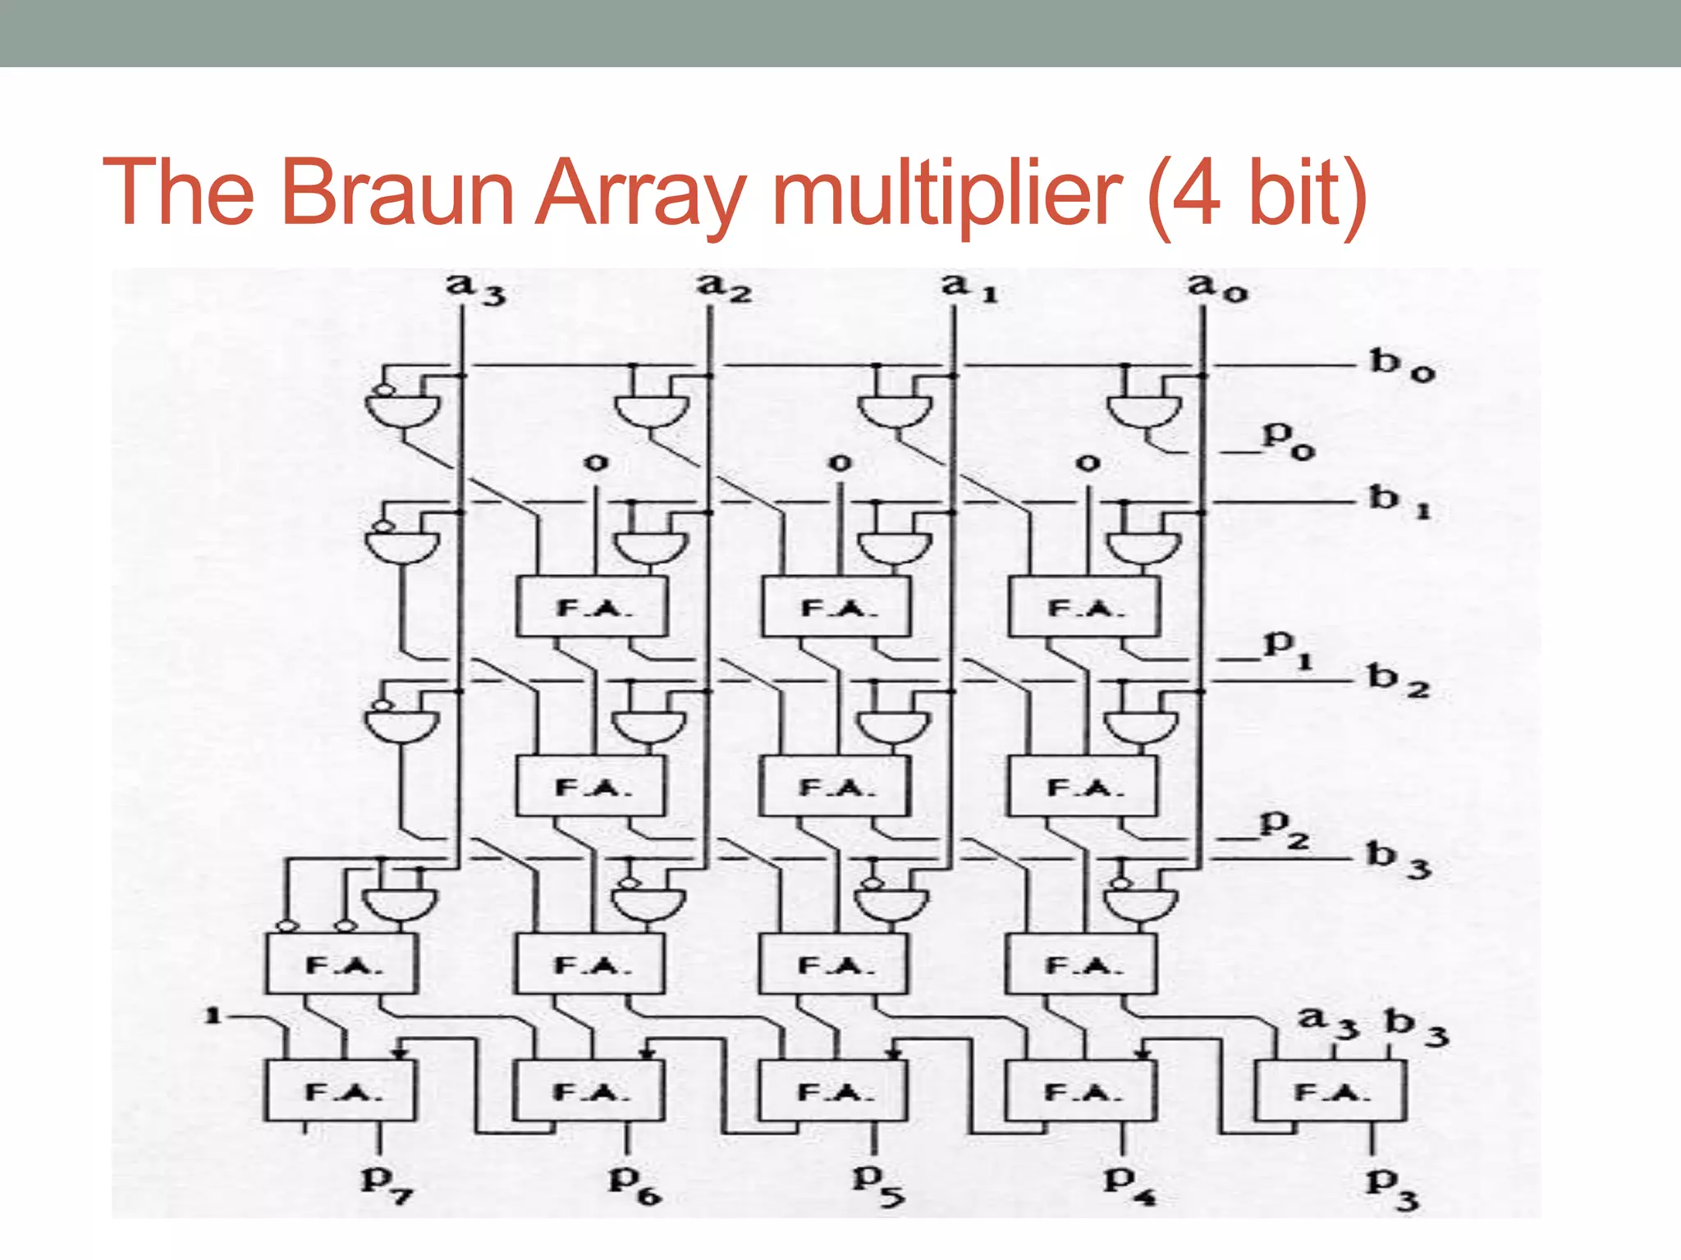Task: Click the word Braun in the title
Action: [397, 193]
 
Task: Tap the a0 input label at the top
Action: [1217, 287]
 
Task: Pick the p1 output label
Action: [1287, 647]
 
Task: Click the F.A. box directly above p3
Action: [1331, 1091]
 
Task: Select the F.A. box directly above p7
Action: [340, 1091]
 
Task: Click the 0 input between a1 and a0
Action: [1087, 463]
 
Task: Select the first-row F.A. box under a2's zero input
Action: [591, 607]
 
